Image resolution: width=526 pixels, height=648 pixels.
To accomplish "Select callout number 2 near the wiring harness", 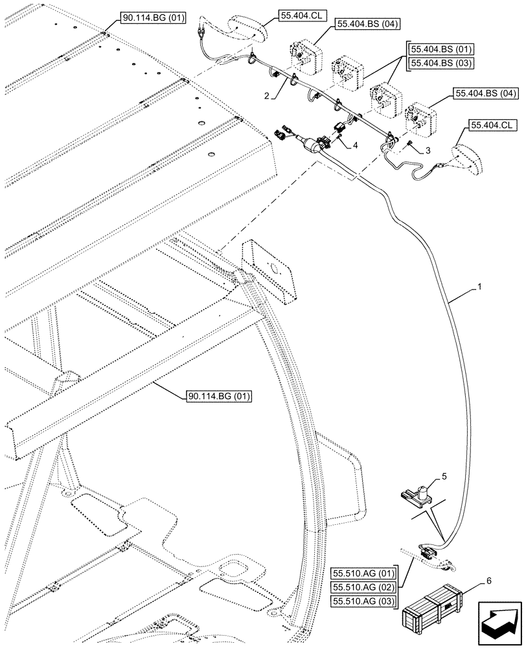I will coord(267,95).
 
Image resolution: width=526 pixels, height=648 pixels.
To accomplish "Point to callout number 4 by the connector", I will coord(355,145).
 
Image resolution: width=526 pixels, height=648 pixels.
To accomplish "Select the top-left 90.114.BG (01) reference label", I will coord(150,19).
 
